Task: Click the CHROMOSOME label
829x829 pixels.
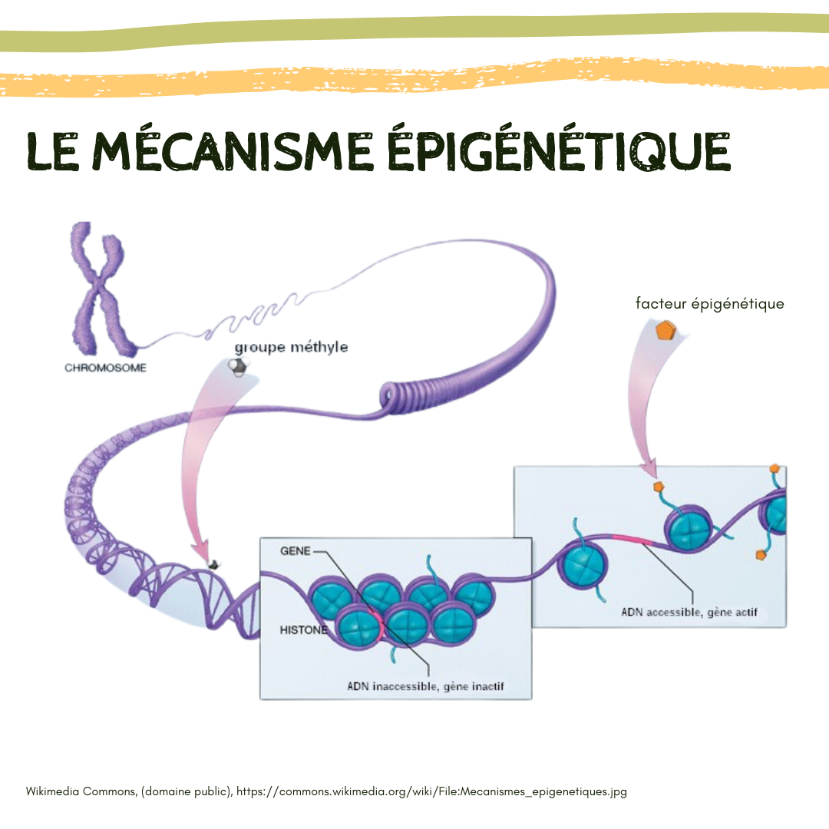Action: pyautogui.click(x=105, y=368)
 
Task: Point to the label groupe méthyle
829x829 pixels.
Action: pyautogui.click(x=291, y=347)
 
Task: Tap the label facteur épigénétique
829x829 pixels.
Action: pyautogui.click(x=709, y=304)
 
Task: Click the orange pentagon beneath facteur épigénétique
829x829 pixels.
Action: pyautogui.click(x=666, y=331)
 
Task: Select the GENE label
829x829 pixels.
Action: pyautogui.click(x=296, y=552)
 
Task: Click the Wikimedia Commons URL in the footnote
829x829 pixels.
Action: pyautogui.click(x=431, y=791)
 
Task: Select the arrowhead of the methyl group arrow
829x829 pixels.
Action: pyautogui.click(x=201, y=551)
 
